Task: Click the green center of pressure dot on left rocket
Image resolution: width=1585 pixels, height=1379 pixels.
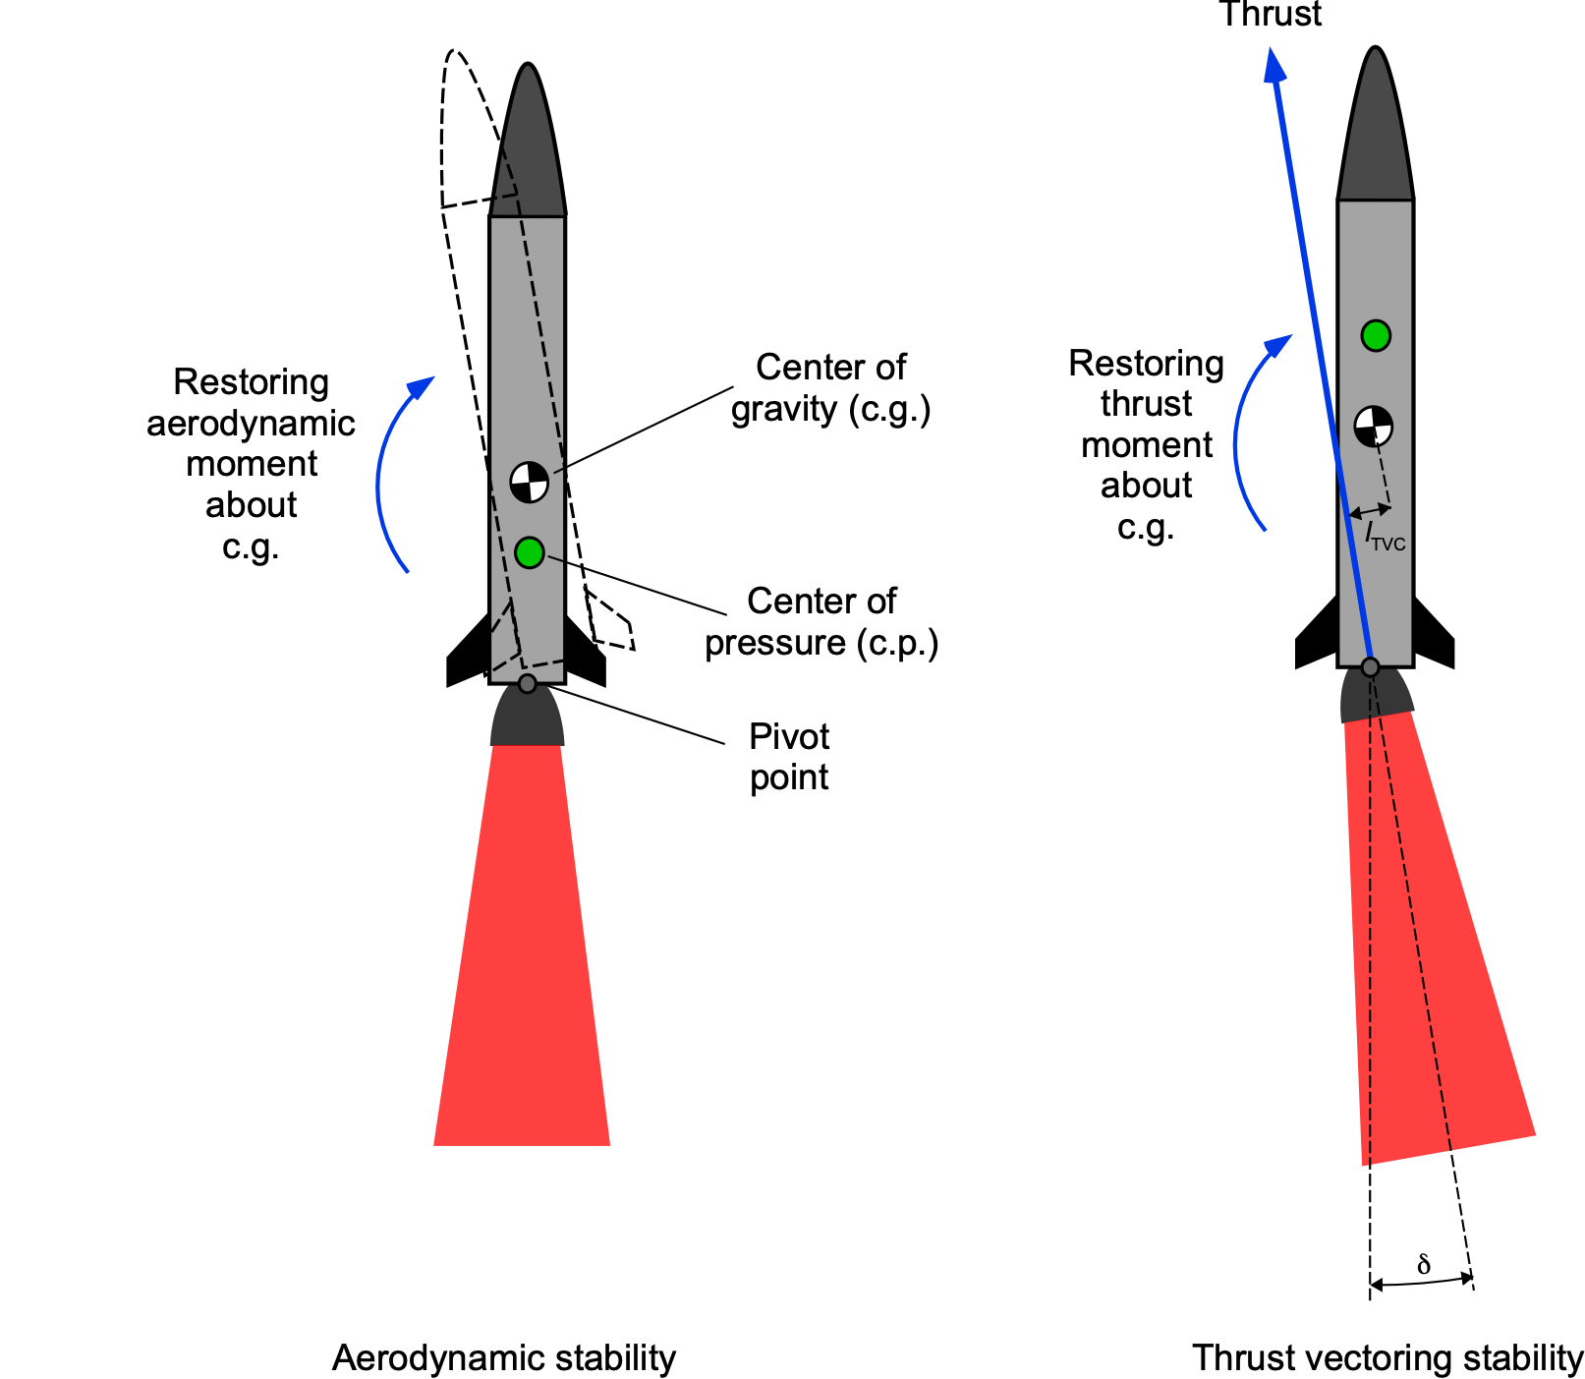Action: pyautogui.click(x=529, y=552)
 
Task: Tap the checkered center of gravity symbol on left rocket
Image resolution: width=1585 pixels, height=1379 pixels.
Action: pyautogui.click(x=529, y=482)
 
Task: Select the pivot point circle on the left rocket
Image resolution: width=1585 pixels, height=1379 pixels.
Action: pyautogui.click(x=528, y=683)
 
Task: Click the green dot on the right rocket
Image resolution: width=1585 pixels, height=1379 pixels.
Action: pyautogui.click(x=1376, y=335)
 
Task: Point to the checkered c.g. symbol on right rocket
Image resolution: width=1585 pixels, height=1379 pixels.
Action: pyautogui.click(x=1373, y=426)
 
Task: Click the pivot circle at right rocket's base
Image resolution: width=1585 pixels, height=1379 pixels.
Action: pyautogui.click(x=1370, y=667)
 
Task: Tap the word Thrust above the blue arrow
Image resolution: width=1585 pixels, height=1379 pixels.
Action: pyautogui.click(x=1270, y=14)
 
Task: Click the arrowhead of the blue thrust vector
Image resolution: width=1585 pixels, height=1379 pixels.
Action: pyautogui.click(x=1274, y=67)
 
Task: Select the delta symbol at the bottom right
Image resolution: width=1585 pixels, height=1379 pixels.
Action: pyautogui.click(x=1424, y=1265)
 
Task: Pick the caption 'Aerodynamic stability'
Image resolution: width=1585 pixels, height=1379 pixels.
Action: pyautogui.click(x=504, y=1357)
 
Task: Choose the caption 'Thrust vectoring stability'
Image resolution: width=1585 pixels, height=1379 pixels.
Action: pyautogui.click(x=1387, y=1357)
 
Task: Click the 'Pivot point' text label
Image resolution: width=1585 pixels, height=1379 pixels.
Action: pyautogui.click(x=789, y=757)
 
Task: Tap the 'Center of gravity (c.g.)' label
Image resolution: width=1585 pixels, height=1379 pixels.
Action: pyautogui.click(x=830, y=387)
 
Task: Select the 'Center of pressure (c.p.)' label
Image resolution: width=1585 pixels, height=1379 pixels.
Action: pyautogui.click(x=821, y=621)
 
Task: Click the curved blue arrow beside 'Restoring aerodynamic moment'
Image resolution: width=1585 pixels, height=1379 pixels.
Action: pyautogui.click(x=384, y=472)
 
